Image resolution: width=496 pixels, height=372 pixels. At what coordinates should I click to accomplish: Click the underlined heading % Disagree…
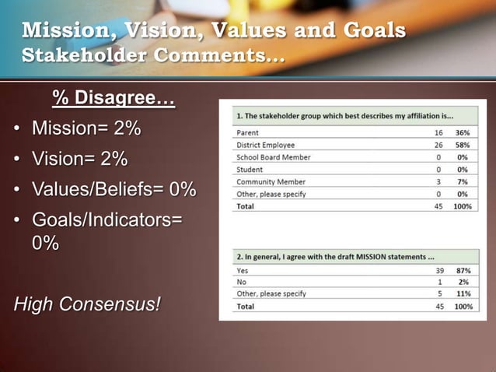coord(114,99)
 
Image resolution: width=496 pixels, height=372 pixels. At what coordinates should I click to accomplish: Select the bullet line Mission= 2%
coord(86,128)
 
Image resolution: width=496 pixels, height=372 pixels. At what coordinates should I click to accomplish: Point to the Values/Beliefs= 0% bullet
coord(114,190)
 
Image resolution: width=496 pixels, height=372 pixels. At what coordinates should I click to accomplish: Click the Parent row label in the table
coord(247,132)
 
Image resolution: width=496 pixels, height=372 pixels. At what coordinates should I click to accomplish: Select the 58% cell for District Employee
coord(462,145)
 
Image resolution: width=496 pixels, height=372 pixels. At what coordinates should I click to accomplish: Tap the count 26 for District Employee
coord(438,145)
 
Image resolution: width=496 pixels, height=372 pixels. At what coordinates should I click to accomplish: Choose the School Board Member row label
coord(273,157)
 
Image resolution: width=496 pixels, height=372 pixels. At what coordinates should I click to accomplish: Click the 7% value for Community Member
coord(463,181)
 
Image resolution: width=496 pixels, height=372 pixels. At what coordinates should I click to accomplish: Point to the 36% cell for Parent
coord(462,132)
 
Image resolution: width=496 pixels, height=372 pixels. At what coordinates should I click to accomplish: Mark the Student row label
coord(249,169)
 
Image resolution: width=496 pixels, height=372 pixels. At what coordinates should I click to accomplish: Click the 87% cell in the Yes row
coord(462,269)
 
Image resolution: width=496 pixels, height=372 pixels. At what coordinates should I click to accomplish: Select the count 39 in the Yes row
coord(438,269)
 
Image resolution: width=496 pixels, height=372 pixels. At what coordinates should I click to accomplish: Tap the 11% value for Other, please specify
coord(462,293)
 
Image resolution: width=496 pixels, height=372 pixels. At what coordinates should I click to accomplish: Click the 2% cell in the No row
coord(463,282)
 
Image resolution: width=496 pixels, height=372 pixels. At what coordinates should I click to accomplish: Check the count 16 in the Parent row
coord(438,132)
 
